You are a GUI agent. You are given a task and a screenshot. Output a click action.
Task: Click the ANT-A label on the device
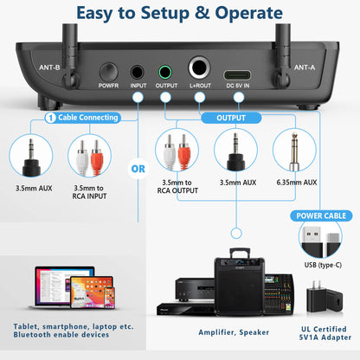point(305,66)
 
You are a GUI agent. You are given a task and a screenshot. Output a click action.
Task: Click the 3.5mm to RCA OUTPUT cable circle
point(177,153)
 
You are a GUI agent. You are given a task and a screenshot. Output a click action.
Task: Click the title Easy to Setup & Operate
point(180,12)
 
